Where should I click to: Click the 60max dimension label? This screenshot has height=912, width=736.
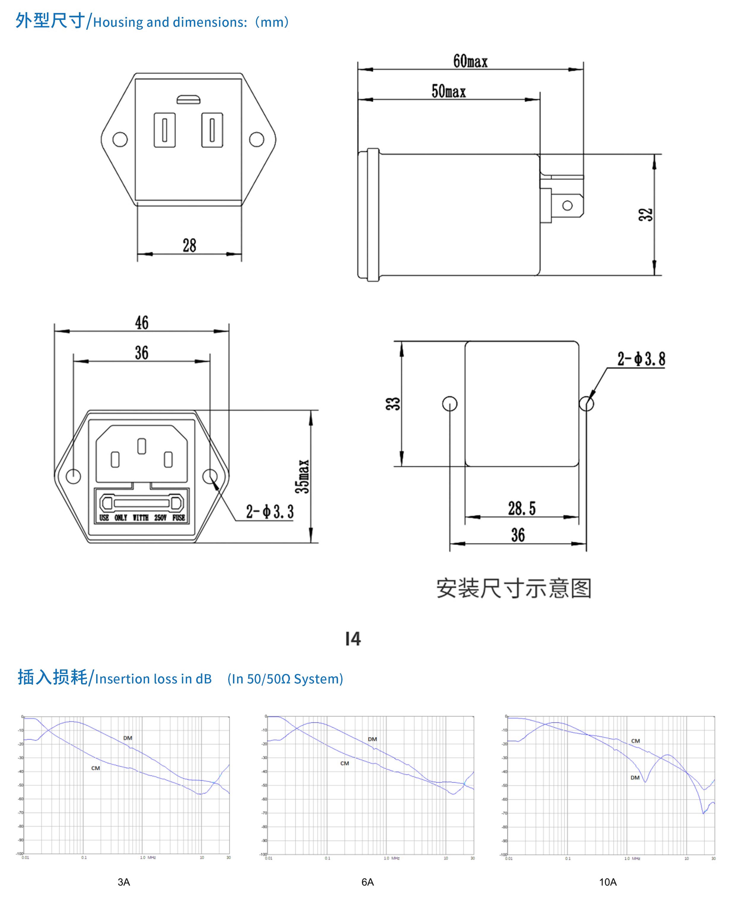click(x=470, y=61)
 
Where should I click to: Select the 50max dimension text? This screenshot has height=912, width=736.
click(x=448, y=91)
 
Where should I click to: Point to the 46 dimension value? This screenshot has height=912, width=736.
click(x=142, y=323)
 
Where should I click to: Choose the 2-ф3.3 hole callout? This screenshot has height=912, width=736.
click(x=270, y=511)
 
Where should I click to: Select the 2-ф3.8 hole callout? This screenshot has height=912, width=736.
click(x=641, y=359)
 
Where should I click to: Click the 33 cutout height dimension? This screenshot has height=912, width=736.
click(x=393, y=404)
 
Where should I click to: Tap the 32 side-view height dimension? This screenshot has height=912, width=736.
click(x=645, y=215)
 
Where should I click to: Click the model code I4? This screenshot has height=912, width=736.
click(x=353, y=639)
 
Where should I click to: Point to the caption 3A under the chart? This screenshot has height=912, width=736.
click(x=124, y=882)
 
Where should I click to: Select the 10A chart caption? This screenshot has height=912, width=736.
click(x=607, y=882)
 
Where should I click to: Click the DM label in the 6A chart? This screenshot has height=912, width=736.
click(x=372, y=739)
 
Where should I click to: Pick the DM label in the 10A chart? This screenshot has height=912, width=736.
click(x=635, y=778)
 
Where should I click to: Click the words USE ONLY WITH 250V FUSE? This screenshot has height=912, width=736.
click(x=142, y=518)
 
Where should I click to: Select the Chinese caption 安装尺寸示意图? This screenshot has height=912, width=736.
click(x=513, y=588)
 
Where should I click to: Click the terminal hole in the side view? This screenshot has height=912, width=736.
click(x=567, y=206)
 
